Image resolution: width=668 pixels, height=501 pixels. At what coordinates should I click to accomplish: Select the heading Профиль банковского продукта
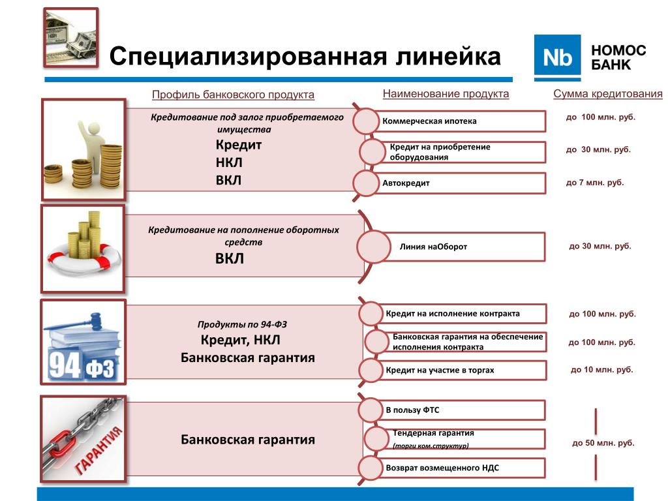pyautogui.click(x=233, y=95)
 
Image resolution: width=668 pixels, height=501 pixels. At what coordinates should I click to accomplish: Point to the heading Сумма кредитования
pyautogui.click(x=607, y=94)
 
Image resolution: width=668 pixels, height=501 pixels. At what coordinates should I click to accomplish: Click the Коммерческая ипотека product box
pyautogui.click(x=457, y=121)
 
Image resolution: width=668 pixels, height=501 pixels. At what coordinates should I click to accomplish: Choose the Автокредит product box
pyautogui.click(x=457, y=183)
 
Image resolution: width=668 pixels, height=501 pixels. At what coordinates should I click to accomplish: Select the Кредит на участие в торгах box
pyautogui.click(x=457, y=370)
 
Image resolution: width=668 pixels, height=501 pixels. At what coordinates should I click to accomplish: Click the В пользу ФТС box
pyautogui.click(x=457, y=410)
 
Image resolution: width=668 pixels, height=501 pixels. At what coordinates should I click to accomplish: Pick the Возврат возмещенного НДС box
pyautogui.click(x=457, y=468)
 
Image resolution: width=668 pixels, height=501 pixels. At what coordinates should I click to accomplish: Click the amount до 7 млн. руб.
pyautogui.click(x=594, y=183)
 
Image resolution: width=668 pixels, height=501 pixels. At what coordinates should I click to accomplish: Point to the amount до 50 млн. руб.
pyautogui.click(x=603, y=443)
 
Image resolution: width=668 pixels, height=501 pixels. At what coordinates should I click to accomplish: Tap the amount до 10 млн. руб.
pyautogui.click(x=601, y=370)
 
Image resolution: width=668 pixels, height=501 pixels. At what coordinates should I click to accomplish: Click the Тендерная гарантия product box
pyautogui.click(x=457, y=439)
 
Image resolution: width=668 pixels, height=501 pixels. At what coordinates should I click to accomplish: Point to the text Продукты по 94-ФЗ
pyautogui.click(x=242, y=324)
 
